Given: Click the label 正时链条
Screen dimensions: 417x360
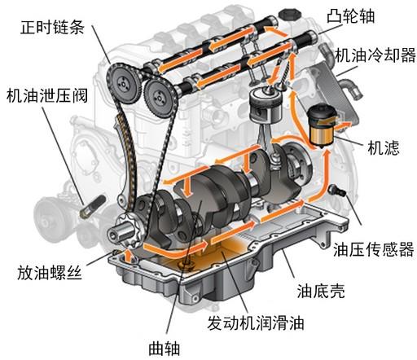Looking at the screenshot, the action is coord(52,27).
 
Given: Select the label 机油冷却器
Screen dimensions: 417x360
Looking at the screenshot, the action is coord(375,55).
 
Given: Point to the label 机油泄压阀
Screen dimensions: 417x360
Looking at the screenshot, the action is coord(47,96).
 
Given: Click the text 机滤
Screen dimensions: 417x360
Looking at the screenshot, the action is coord(384,148).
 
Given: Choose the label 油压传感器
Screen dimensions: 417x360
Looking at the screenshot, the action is coord(374,249).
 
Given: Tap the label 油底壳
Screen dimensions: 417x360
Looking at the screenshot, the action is coord(321,291).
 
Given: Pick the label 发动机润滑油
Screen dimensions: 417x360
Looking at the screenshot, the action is coord(256,323).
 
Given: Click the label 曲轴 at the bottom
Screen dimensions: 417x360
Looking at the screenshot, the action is coord(165,349).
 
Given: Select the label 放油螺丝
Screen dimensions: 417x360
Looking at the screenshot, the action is coord(50,273).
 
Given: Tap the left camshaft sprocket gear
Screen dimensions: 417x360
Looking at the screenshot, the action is coord(124,83).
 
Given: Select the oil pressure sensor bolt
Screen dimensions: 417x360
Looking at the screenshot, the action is coord(337,190).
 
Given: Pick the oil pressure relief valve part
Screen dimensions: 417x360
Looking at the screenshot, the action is coord(93,206).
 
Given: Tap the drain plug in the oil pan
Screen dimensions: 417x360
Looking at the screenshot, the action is coord(187,265).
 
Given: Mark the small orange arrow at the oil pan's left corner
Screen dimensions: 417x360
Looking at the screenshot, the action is coord(129,256).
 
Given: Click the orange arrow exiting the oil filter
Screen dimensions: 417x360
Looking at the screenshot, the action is coord(344,125).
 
